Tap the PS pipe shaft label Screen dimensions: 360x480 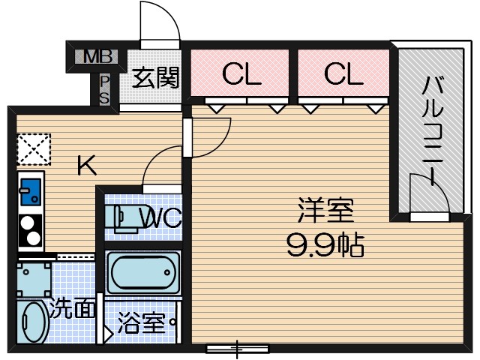[x=104, y=89]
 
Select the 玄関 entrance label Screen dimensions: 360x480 [x=156, y=77]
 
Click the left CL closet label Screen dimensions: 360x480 [x=240, y=73]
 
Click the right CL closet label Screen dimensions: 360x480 [x=343, y=73]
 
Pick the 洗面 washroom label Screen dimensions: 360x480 [x=72, y=308]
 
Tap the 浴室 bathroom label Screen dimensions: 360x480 [x=141, y=325]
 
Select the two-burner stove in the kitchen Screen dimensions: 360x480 [x=31, y=231]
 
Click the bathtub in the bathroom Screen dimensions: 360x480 [x=142, y=274]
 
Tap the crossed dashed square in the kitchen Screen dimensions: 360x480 [x=33, y=148]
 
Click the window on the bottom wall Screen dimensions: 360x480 [x=238, y=348]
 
